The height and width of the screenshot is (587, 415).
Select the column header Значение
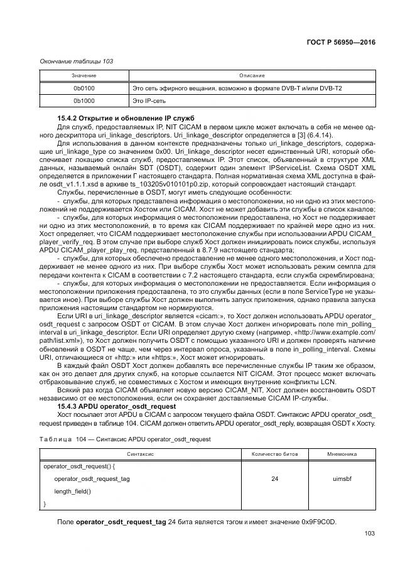84,76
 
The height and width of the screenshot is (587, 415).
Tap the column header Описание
252,76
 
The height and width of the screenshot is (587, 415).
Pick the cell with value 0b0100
84,88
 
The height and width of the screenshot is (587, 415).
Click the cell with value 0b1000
84,100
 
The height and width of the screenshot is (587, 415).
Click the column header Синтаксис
141,454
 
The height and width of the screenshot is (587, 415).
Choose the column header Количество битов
275,454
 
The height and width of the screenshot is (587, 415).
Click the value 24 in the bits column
275,478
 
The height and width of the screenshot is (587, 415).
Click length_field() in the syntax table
72,491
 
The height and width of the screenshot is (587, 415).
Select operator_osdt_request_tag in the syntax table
92,478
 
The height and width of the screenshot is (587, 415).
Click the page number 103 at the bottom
369,534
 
